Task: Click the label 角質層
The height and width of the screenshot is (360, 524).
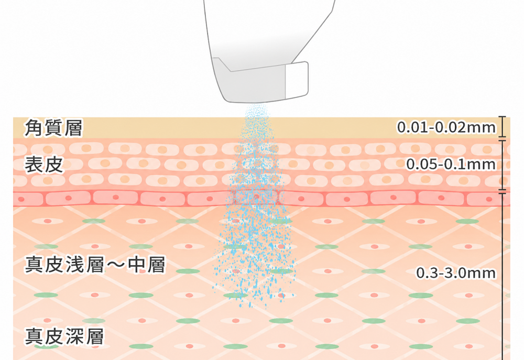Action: [53, 128]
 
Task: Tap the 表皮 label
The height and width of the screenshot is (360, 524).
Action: [44, 165]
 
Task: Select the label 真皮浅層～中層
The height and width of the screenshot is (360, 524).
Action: [95, 265]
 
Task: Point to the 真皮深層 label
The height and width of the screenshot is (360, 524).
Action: [64, 336]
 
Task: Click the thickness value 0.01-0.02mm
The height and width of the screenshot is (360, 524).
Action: [446, 127]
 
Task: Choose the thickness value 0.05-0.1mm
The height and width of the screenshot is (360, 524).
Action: [451, 164]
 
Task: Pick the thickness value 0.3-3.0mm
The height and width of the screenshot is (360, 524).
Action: [456, 273]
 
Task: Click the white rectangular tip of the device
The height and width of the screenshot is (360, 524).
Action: [297, 80]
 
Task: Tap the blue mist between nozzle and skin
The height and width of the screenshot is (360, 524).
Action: [257, 111]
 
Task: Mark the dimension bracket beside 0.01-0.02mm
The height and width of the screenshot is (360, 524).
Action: [503, 127]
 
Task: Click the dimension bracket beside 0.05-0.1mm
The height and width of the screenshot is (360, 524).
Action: [503, 165]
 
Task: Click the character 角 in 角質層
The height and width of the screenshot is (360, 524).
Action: [34, 128]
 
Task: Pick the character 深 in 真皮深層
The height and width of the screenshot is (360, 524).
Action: [74, 336]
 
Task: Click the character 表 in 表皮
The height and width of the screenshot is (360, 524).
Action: [34, 165]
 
